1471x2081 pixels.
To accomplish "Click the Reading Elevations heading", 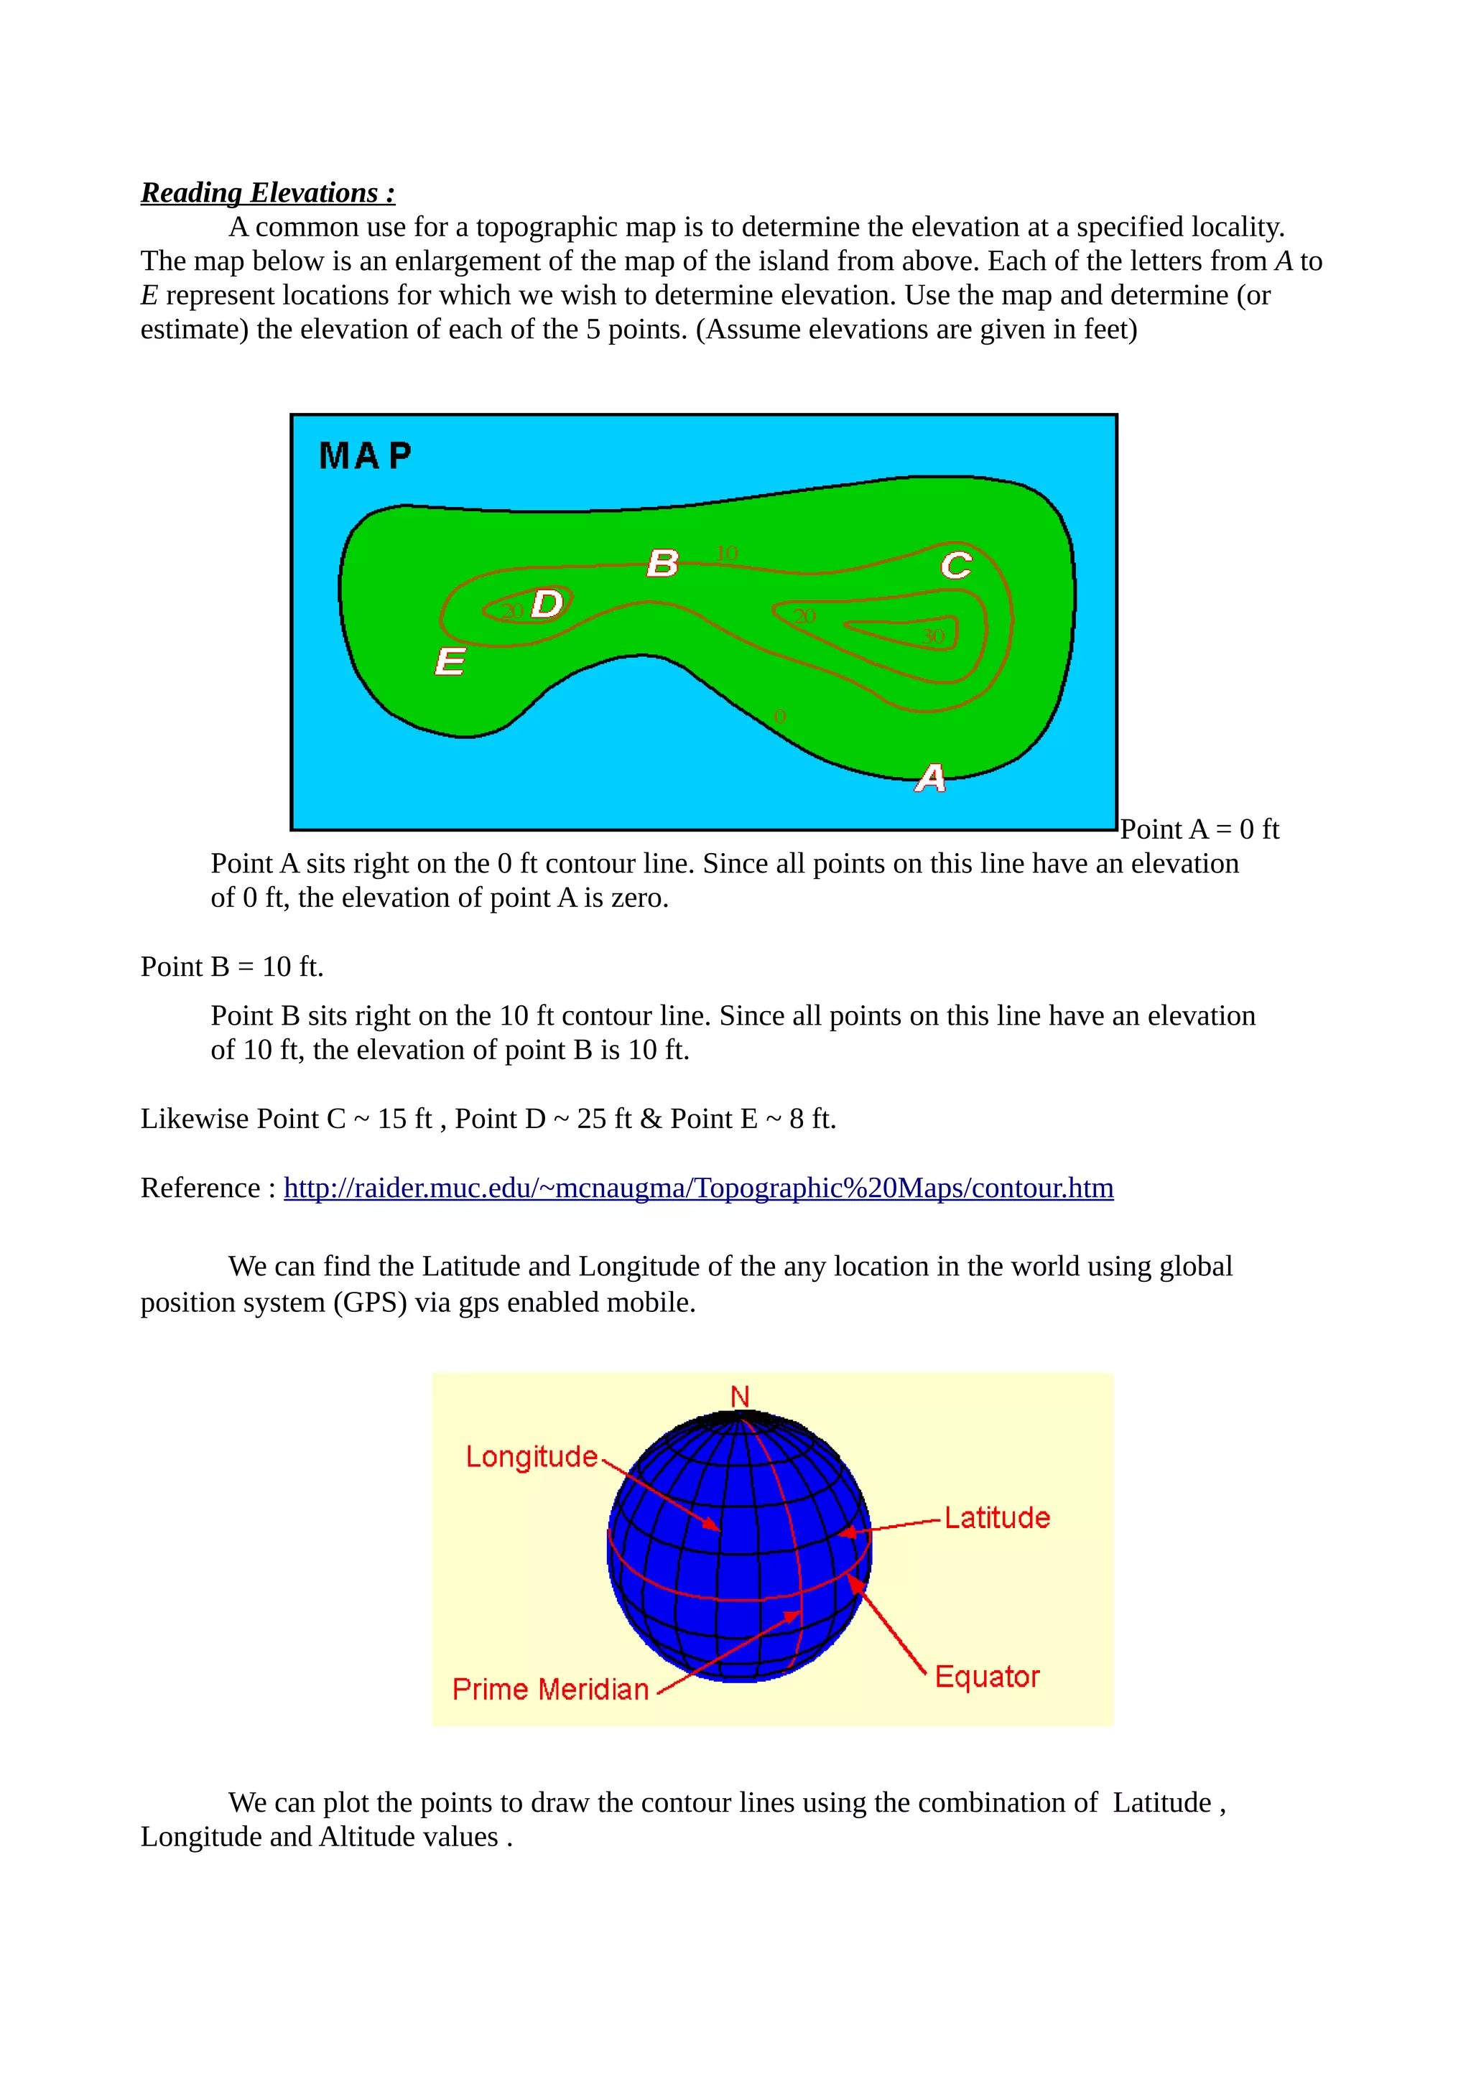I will click(x=267, y=192).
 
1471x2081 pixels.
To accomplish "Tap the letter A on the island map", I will click(x=930, y=778).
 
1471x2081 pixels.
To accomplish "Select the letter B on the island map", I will click(x=662, y=563).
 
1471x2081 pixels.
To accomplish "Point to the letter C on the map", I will click(x=955, y=566).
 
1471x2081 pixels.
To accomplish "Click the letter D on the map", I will click(x=547, y=604).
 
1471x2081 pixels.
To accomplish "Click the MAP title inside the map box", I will click(x=366, y=456).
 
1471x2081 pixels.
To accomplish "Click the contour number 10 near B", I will click(x=727, y=552).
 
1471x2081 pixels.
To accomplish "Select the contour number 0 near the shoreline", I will click(x=780, y=716).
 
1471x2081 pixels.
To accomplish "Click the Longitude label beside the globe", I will click(x=531, y=1456).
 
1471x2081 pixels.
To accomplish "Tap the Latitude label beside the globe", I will click(x=997, y=1517).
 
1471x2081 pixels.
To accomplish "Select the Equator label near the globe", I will click(x=986, y=1676).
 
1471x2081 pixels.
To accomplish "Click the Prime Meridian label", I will click(x=550, y=1690).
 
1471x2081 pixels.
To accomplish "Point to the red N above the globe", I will click(x=740, y=1397).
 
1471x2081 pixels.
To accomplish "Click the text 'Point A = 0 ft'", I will click(x=1199, y=829).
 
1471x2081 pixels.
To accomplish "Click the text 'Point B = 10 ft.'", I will click(x=232, y=967).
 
